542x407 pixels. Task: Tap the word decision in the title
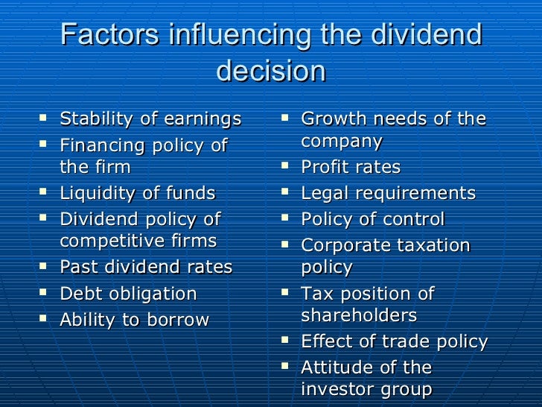[270, 71]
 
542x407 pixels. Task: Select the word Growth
[332, 119]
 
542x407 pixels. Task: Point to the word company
[342, 142]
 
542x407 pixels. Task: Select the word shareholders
[359, 315]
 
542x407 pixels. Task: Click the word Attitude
[337, 367]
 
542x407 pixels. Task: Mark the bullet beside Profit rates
[285, 166]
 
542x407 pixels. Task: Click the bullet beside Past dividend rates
[44, 266]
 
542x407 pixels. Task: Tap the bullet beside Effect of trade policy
[285, 341]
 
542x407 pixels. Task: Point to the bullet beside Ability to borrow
[44, 320]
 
